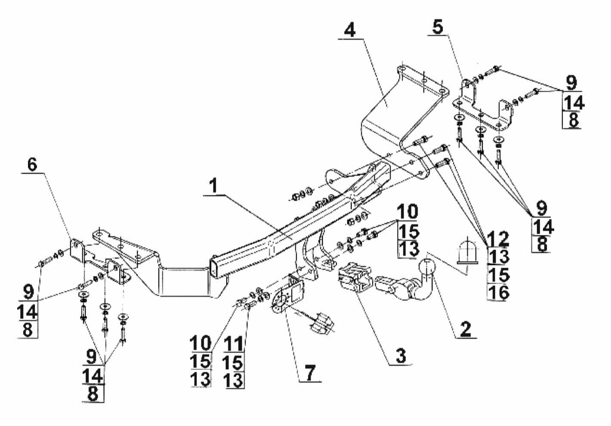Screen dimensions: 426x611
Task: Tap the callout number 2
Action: [465, 329]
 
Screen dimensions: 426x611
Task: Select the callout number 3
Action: [400, 356]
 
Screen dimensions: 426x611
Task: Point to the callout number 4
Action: [350, 30]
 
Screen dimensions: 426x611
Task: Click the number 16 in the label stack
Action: [499, 292]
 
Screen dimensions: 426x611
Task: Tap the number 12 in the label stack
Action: [498, 238]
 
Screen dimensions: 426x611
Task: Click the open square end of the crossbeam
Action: [215, 268]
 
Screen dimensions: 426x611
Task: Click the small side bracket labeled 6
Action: [77, 252]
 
